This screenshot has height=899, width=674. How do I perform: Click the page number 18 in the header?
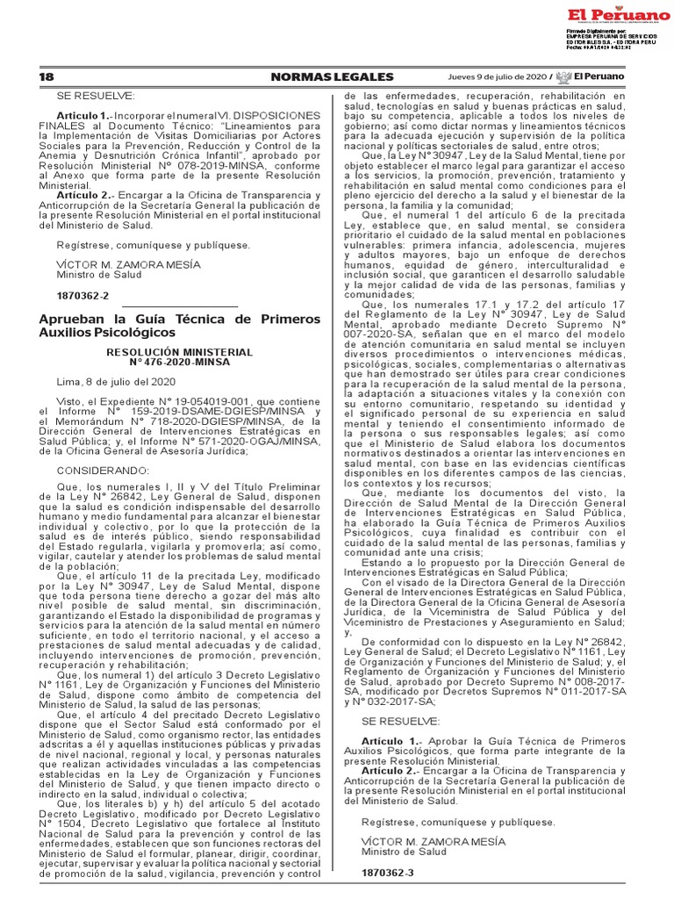click(47, 77)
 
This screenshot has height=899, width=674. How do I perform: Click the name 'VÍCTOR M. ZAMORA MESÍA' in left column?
click(128, 264)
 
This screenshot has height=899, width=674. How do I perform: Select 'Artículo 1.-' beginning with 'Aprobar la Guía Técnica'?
click(390, 742)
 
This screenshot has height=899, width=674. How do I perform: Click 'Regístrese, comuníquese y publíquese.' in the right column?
click(458, 822)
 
